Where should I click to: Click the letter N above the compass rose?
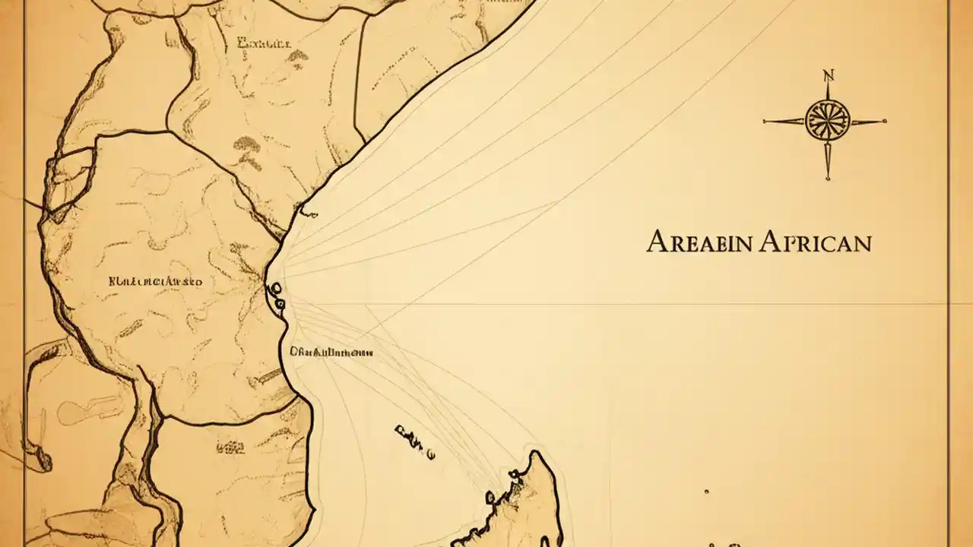coord(828,75)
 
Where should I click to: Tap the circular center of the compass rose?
coord(825,120)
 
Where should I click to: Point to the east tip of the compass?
coord(885,121)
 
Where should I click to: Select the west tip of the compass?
coord(765,120)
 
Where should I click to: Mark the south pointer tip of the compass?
coord(827,179)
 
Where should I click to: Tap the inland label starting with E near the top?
coord(264,43)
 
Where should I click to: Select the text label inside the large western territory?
coord(156,281)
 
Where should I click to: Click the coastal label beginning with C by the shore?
coord(331,353)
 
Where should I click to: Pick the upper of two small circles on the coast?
coord(275,289)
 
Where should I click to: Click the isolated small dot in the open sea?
coord(706,492)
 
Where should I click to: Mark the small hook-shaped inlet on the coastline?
coord(306,210)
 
